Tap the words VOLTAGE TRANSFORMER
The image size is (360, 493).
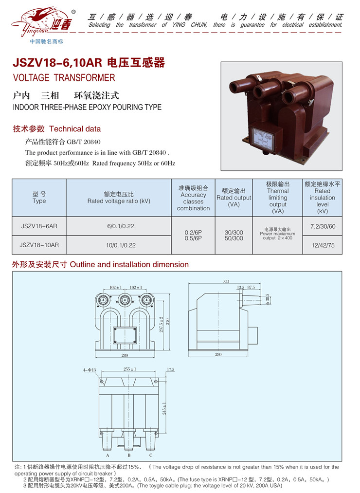(64, 78)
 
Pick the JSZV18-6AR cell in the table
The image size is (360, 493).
(39, 226)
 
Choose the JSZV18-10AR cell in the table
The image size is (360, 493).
(39, 245)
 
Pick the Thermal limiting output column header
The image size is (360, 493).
(278, 198)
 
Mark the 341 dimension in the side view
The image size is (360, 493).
(226, 281)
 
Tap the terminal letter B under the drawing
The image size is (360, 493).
(129, 456)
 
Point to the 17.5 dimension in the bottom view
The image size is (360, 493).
(170, 369)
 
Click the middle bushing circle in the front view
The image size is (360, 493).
(126, 299)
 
